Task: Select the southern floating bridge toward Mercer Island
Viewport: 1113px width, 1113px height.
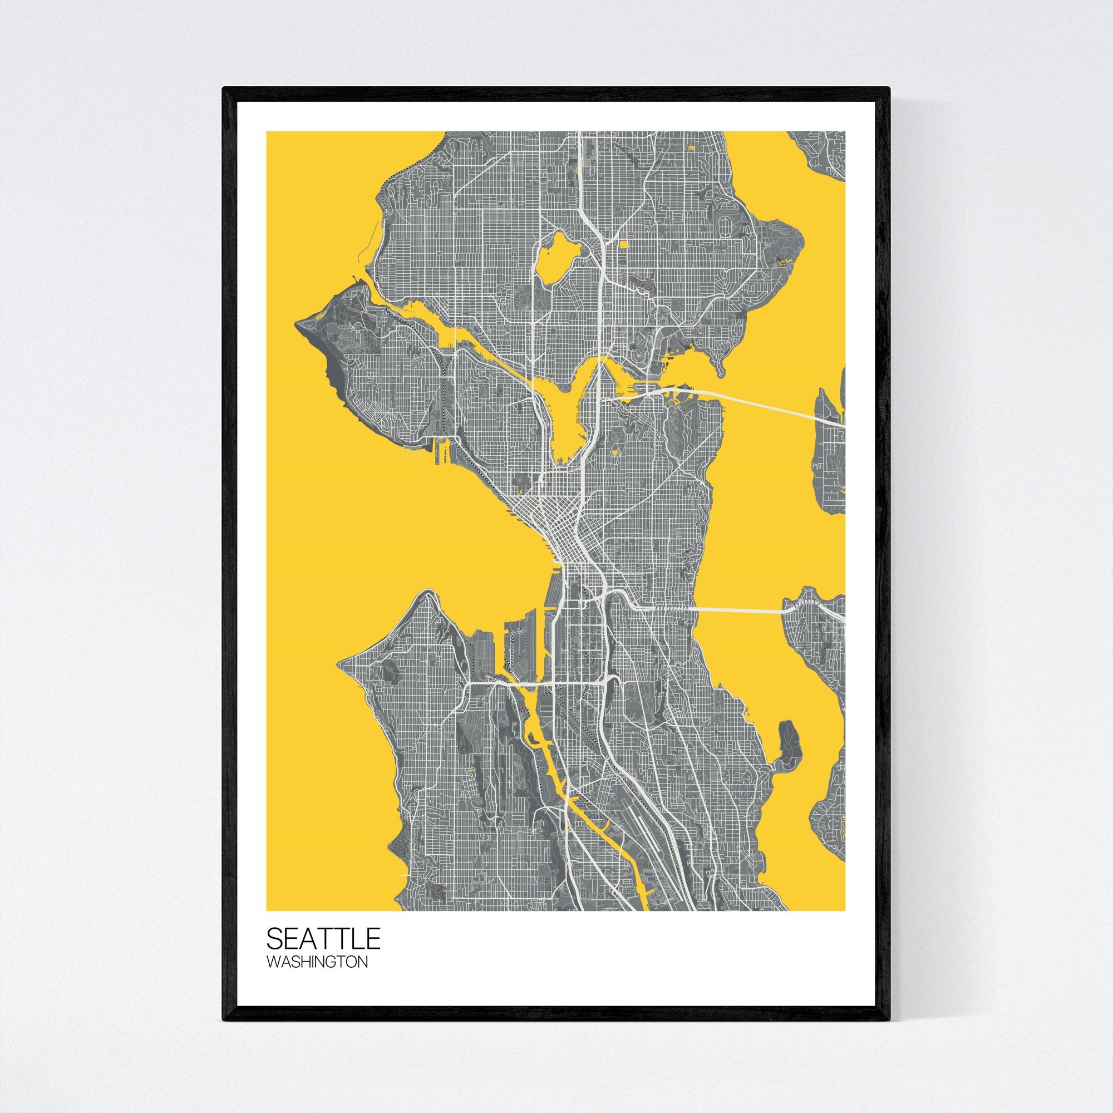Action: coord(737,609)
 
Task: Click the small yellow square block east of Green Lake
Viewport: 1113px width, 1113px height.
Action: coord(624,260)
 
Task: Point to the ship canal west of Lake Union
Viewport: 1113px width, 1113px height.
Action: coord(495,369)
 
